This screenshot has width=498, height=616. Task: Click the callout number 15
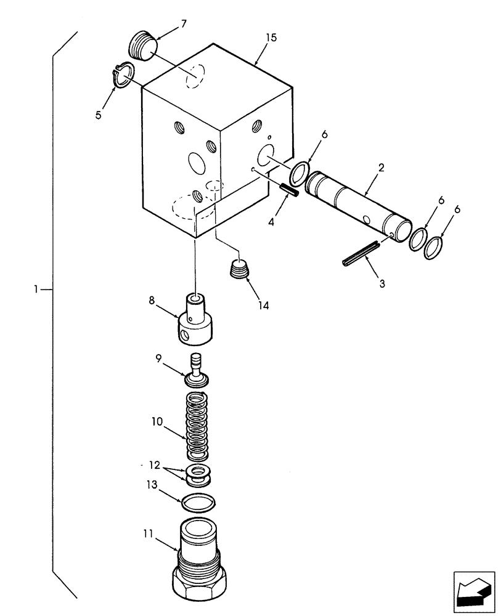(x=271, y=38)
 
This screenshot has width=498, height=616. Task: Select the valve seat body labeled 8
(x=194, y=320)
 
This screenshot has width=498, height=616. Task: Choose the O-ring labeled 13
(x=198, y=503)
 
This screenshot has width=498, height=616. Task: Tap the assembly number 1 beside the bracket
(x=36, y=288)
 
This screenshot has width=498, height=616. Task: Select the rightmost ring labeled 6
(x=434, y=248)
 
